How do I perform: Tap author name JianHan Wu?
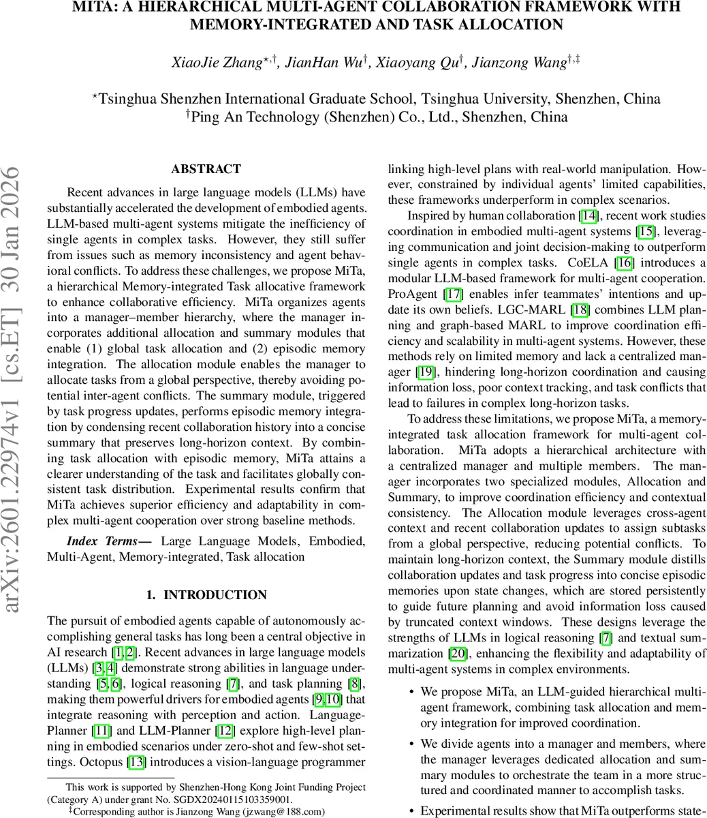point(324,63)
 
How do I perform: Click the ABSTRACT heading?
point(206,169)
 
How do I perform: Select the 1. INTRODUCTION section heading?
point(206,595)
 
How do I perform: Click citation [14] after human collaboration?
point(588,216)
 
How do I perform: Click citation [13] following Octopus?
point(136,762)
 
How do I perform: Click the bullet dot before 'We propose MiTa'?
point(411,692)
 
